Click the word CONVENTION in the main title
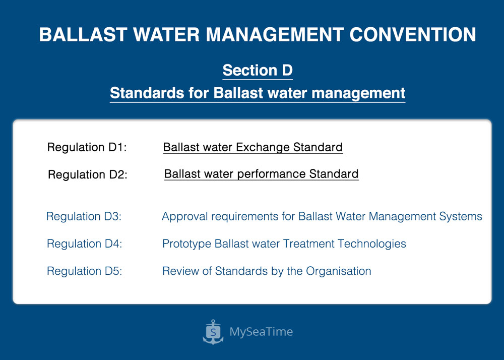coord(412,34)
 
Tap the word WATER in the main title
coord(166,34)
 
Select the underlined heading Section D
coord(258,70)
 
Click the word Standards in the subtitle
coord(147,93)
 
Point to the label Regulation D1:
coord(87,147)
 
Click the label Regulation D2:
coord(87,174)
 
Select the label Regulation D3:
coord(84,216)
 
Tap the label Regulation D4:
coord(84,244)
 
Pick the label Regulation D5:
coord(84,271)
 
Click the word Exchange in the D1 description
coord(263,147)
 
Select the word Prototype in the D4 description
coord(187,244)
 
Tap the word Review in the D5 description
coord(180,271)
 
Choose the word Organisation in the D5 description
coord(339,271)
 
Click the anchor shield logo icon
coord(213,332)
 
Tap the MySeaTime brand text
coord(261,332)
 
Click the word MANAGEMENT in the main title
coord(275,34)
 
